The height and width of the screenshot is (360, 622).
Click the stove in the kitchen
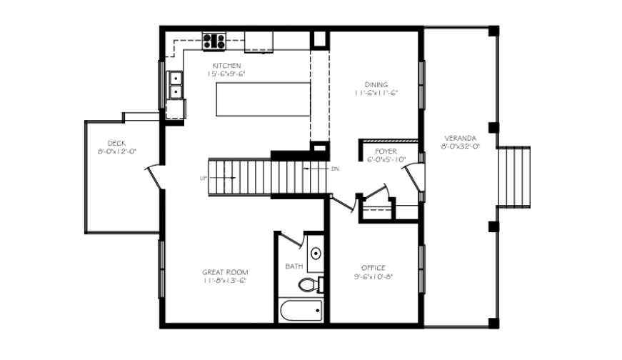pyautogui.click(x=214, y=41)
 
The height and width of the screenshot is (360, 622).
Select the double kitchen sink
pyautogui.click(x=174, y=85)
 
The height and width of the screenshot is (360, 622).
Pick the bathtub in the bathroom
pyautogui.click(x=300, y=312)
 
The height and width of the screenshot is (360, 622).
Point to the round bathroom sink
pyautogui.click(x=316, y=254)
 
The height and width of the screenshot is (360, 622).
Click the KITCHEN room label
pyautogui.click(x=226, y=66)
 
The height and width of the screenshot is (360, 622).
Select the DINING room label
pyautogui.click(x=376, y=84)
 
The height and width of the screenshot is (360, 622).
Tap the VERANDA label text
pyautogui.click(x=459, y=137)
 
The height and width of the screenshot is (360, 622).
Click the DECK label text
pyautogui.click(x=116, y=143)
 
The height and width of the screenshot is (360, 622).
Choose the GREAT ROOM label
pyautogui.click(x=225, y=272)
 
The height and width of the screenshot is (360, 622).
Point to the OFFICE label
pyautogui.click(x=373, y=268)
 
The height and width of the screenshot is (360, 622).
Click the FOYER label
pyautogui.click(x=386, y=151)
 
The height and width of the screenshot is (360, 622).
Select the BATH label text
pyautogui.click(x=294, y=266)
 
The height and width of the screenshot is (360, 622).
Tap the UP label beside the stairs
pyautogui.click(x=204, y=178)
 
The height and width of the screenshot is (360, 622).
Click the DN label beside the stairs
pyautogui.click(x=335, y=169)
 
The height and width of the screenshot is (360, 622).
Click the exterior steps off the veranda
pyautogui.click(x=513, y=177)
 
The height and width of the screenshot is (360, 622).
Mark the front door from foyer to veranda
pyautogui.click(x=413, y=179)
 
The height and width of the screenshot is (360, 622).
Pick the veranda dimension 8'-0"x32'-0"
pyautogui.click(x=459, y=146)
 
